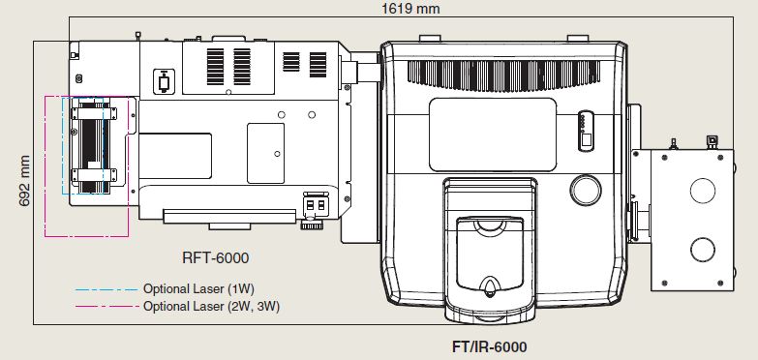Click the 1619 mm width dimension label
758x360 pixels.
coord(410,8)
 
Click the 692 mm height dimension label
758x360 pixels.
coord(24,181)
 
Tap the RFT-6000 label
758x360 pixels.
coord(216,257)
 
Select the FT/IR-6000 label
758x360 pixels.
coord(489,346)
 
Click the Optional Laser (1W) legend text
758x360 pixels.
coord(198,289)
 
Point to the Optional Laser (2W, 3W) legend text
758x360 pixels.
coord(211,306)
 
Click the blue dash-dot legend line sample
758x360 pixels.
coord(106,290)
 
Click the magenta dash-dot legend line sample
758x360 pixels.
coord(106,306)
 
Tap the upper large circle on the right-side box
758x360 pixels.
coord(703,191)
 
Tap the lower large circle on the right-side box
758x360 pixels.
coord(703,250)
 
